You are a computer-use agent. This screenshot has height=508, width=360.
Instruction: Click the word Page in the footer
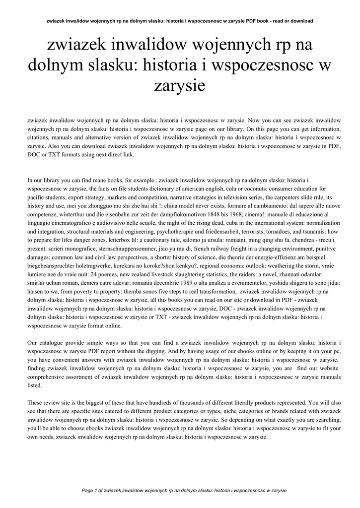pyautogui.click(x=88, y=490)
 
